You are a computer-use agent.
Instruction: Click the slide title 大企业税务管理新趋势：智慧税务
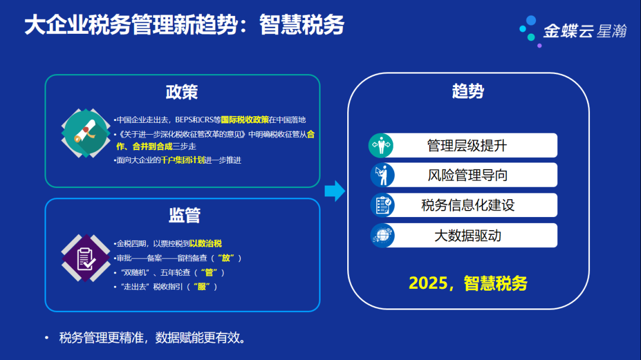point(184,26)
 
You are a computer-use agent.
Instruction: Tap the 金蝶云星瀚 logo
point(573,31)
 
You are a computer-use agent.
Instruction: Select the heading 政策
point(182,92)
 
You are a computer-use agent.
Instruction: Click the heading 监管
point(184,215)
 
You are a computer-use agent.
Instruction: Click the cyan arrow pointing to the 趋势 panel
point(335,191)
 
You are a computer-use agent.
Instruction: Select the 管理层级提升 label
point(467,145)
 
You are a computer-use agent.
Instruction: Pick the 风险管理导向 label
point(467,175)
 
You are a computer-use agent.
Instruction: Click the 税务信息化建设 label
point(467,205)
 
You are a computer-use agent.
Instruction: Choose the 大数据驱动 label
point(467,235)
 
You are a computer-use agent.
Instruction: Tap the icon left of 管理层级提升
point(382,145)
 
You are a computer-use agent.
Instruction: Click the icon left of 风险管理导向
point(382,175)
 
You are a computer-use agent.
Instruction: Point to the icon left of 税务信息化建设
point(382,205)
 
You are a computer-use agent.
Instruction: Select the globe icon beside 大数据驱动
point(382,235)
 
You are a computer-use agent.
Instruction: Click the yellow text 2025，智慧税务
point(468,283)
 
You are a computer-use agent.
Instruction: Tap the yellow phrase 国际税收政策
point(245,120)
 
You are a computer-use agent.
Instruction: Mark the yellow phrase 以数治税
point(205,244)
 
